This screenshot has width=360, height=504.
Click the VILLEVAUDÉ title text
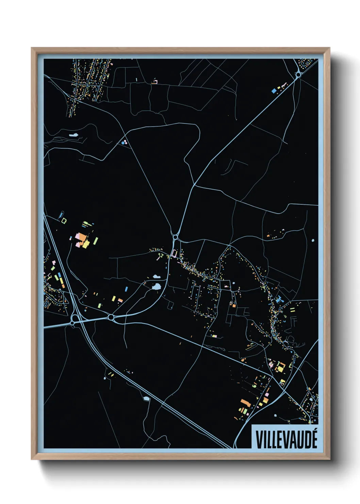coord(286,439)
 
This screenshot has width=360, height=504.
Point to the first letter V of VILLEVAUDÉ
coord(258,440)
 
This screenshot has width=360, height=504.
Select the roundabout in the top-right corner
coord(298,74)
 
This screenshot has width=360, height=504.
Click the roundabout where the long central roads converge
coord(175,236)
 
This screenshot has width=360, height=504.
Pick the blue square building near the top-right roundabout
coord(274,91)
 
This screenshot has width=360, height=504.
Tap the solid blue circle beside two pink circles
coord(123,143)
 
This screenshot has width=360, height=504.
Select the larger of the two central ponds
coord(157,287)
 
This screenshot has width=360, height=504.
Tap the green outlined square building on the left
coord(64,221)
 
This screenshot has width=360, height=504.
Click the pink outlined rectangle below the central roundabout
coord(175,253)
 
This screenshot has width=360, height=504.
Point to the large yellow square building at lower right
coord(281,367)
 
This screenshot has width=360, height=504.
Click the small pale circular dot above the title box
coord(275,415)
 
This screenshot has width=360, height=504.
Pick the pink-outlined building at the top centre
coord(155,82)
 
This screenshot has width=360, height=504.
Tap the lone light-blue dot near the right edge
coord(313,240)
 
